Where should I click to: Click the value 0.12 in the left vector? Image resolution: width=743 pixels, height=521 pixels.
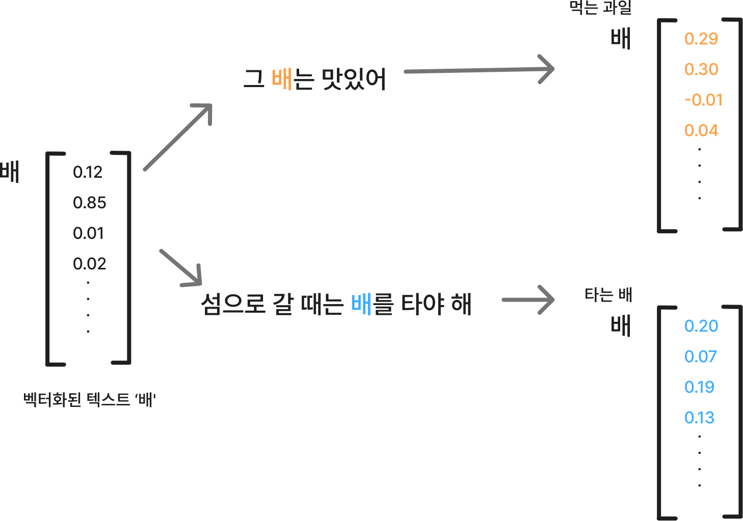(88, 172)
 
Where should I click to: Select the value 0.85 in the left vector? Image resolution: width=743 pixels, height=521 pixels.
(89, 203)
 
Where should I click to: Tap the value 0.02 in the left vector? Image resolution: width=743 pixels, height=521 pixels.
(89, 264)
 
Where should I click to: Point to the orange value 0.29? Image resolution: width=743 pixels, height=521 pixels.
(701, 39)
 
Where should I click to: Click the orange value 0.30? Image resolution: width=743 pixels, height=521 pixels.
(701, 69)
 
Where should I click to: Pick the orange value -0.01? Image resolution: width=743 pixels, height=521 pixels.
(703, 100)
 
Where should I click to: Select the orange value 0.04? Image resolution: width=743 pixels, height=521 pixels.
(701, 130)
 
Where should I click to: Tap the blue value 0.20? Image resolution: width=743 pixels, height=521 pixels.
(701, 326)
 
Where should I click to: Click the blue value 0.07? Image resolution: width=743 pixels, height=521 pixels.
(700, 357)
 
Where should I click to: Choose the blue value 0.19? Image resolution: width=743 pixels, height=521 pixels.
(699, 387)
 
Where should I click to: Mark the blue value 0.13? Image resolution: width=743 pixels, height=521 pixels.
(699, 418)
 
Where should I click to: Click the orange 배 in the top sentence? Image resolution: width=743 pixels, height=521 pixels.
(282, 79)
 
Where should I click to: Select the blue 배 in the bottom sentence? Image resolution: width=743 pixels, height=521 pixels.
(361, 304)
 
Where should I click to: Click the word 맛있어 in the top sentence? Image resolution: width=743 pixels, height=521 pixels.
(353, 79)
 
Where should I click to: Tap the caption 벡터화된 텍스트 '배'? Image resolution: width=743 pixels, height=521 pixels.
(90, 399)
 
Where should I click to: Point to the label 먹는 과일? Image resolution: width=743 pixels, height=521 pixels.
(600, 8)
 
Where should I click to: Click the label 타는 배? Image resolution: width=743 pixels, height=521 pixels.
(608, 294)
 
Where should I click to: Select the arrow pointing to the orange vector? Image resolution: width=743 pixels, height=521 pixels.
(479, 70)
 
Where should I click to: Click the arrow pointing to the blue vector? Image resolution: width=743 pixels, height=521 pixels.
(528, 299)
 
